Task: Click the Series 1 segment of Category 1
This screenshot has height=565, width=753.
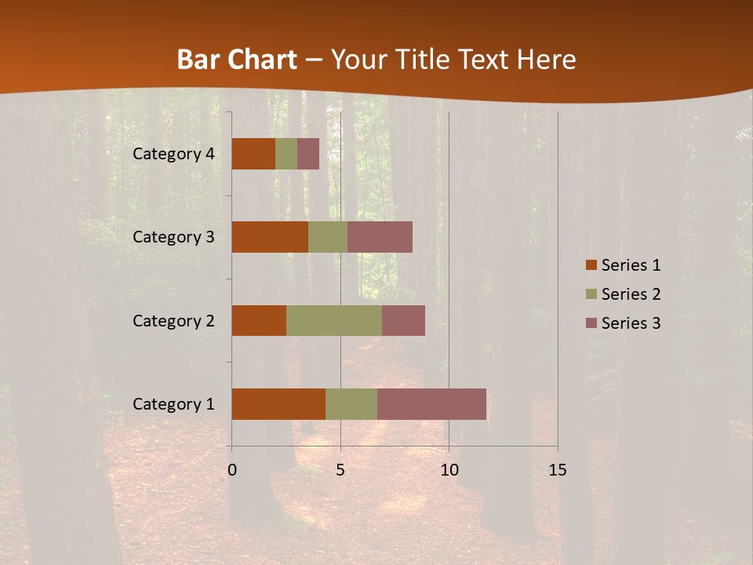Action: (278, 404)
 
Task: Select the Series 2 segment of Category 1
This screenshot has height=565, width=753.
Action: (351, 404)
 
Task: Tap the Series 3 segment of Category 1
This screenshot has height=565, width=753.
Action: (431, 404)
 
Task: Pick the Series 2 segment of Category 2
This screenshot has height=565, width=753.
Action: (334, 320)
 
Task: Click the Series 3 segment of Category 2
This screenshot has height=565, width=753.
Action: (403, 320)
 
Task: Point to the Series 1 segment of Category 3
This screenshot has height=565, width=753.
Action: (270, 237)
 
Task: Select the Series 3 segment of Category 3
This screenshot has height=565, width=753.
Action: (380, 237)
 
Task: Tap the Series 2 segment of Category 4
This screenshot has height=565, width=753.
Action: (286, 154)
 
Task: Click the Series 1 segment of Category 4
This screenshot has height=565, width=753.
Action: (253, 154)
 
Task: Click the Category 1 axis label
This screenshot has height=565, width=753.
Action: (173, 404)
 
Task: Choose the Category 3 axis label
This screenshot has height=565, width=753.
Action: (173, 237)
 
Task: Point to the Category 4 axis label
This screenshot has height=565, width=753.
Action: (173, 154)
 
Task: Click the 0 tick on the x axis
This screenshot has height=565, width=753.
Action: (232, 470)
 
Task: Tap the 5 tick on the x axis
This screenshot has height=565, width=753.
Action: (340, 470)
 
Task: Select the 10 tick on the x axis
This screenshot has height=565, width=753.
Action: (449, 470)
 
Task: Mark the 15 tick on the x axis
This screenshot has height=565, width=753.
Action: (557, 470)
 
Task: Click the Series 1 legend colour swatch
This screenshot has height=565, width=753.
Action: (591, 265)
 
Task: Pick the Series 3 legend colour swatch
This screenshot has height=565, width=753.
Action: (591, 323)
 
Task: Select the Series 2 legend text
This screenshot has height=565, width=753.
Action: (631, 294)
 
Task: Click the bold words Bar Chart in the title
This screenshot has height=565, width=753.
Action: (237, 60)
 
